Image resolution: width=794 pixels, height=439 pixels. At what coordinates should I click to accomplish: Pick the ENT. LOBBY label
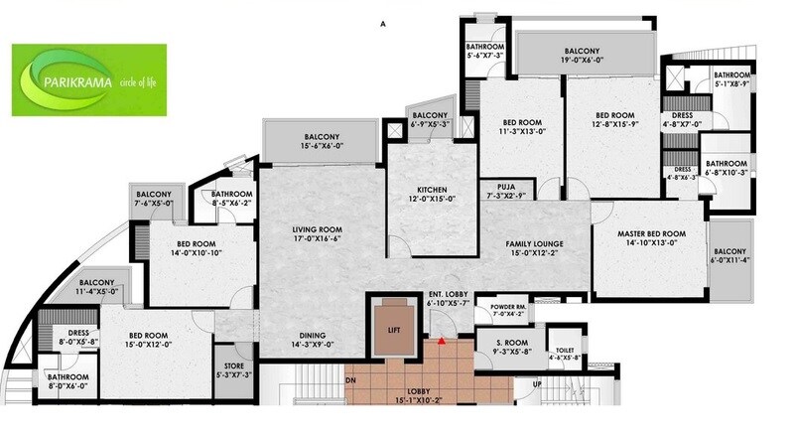(449, 296)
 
